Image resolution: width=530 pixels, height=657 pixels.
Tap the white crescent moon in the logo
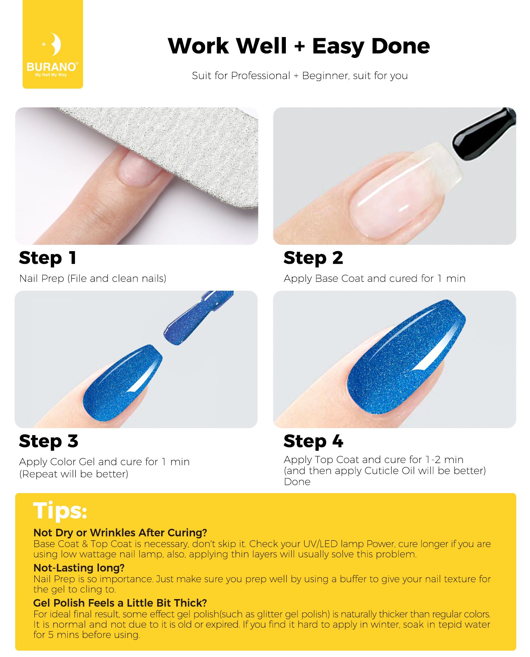[56, 44]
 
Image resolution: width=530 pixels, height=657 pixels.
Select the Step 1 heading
[48, 258]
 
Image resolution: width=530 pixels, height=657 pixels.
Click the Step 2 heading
[313, 258]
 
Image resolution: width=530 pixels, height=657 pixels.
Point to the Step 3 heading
[48, 442]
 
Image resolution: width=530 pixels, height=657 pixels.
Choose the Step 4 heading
[313, 442]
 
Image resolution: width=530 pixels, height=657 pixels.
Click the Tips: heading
[60, 511]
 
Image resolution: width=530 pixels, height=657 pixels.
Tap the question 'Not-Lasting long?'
[79, 568]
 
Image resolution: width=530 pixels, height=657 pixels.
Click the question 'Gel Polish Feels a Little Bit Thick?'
[120, 603]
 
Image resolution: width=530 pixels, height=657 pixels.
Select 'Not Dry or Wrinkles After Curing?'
[120, 533]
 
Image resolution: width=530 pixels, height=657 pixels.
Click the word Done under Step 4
[297, 482]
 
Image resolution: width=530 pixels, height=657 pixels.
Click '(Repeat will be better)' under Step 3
[74, 474]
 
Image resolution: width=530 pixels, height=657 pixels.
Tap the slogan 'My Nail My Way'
[51, 75]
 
